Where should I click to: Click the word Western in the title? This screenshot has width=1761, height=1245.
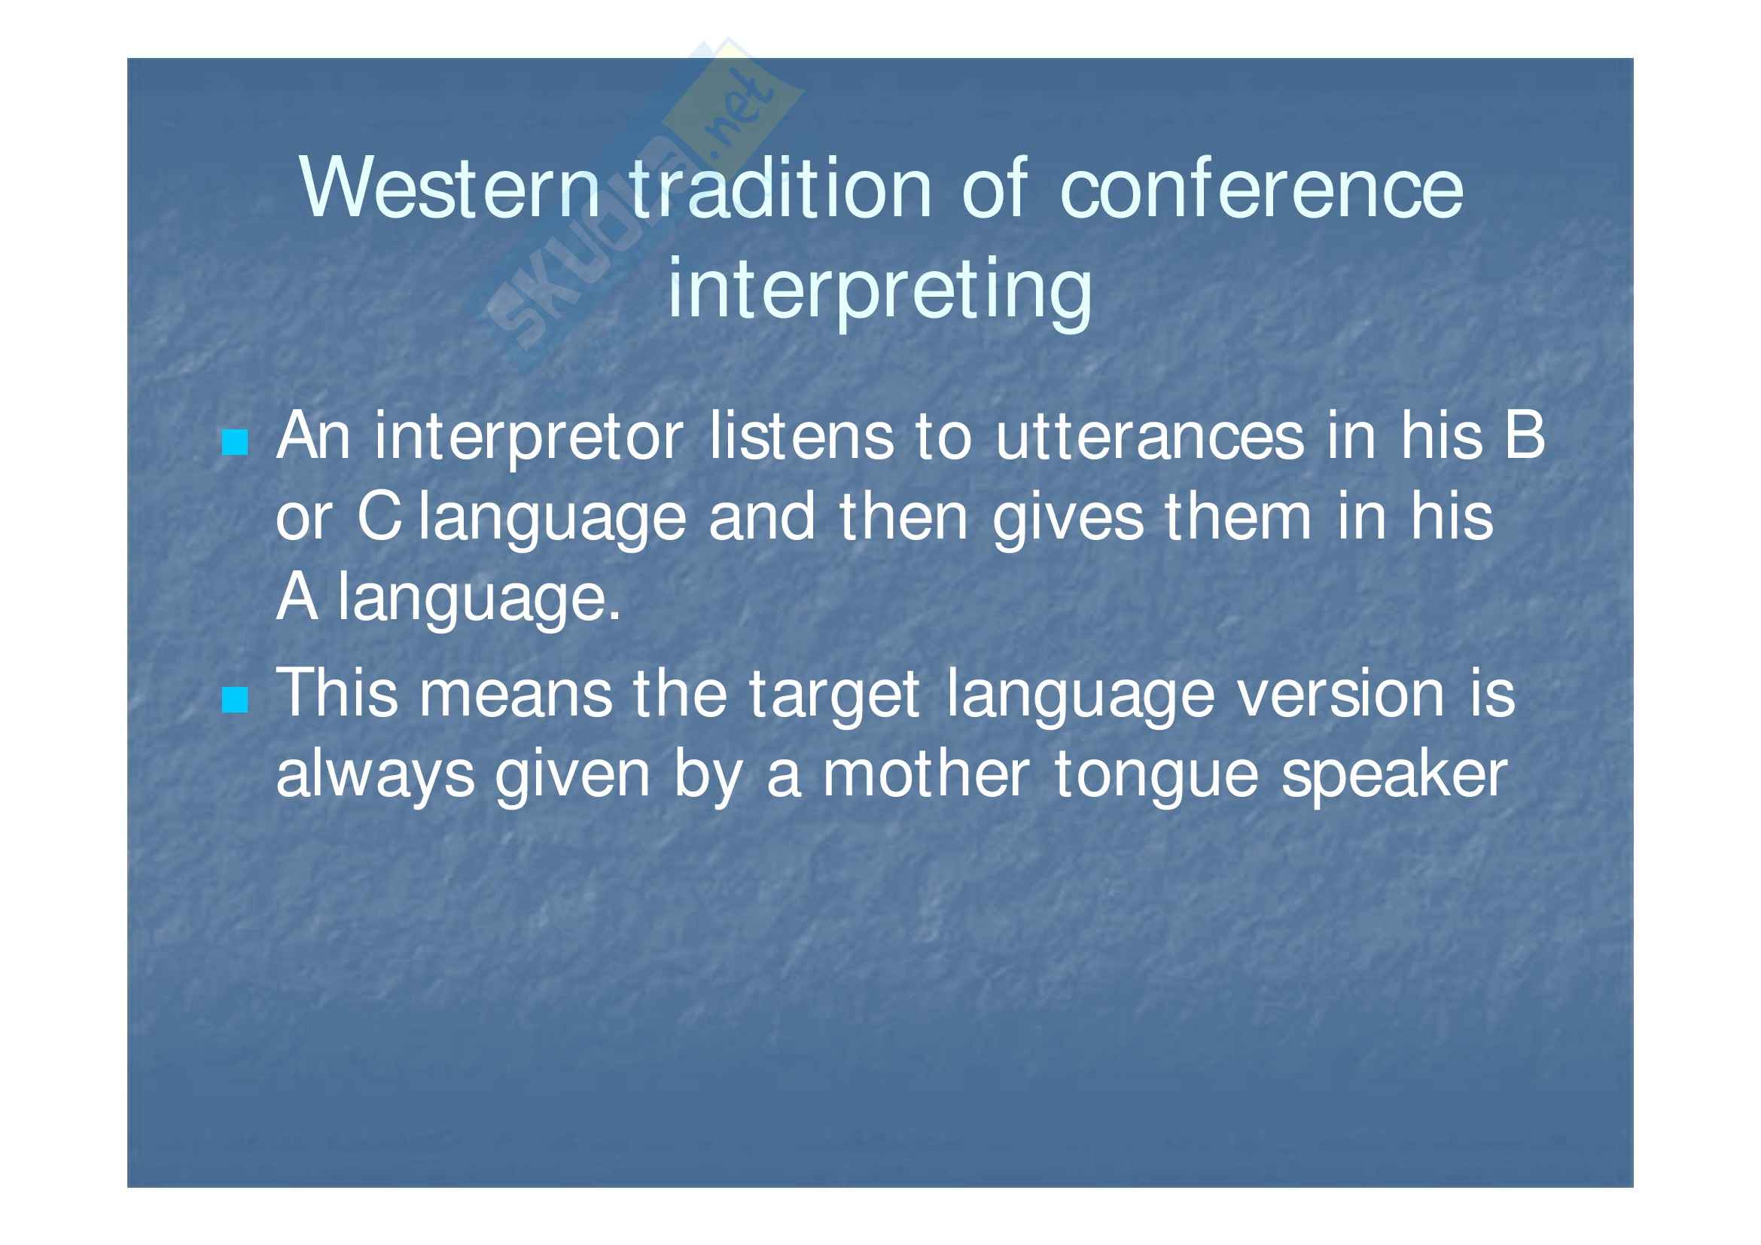(451, 188)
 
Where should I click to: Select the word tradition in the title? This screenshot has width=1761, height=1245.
(781, 188)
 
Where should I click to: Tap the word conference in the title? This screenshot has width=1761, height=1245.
(1262, 188)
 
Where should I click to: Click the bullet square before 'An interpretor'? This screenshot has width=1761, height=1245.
(235, 443)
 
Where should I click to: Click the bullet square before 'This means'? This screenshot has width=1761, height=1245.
(235, 700)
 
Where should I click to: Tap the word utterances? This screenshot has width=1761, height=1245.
(1150, 438)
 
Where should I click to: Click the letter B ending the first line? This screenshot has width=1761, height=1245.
(1524, 435)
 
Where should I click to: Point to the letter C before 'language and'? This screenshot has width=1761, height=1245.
(379, 517)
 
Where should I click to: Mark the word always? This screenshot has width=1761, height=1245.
(375, 778)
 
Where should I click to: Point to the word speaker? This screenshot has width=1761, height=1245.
(1394, 778)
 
